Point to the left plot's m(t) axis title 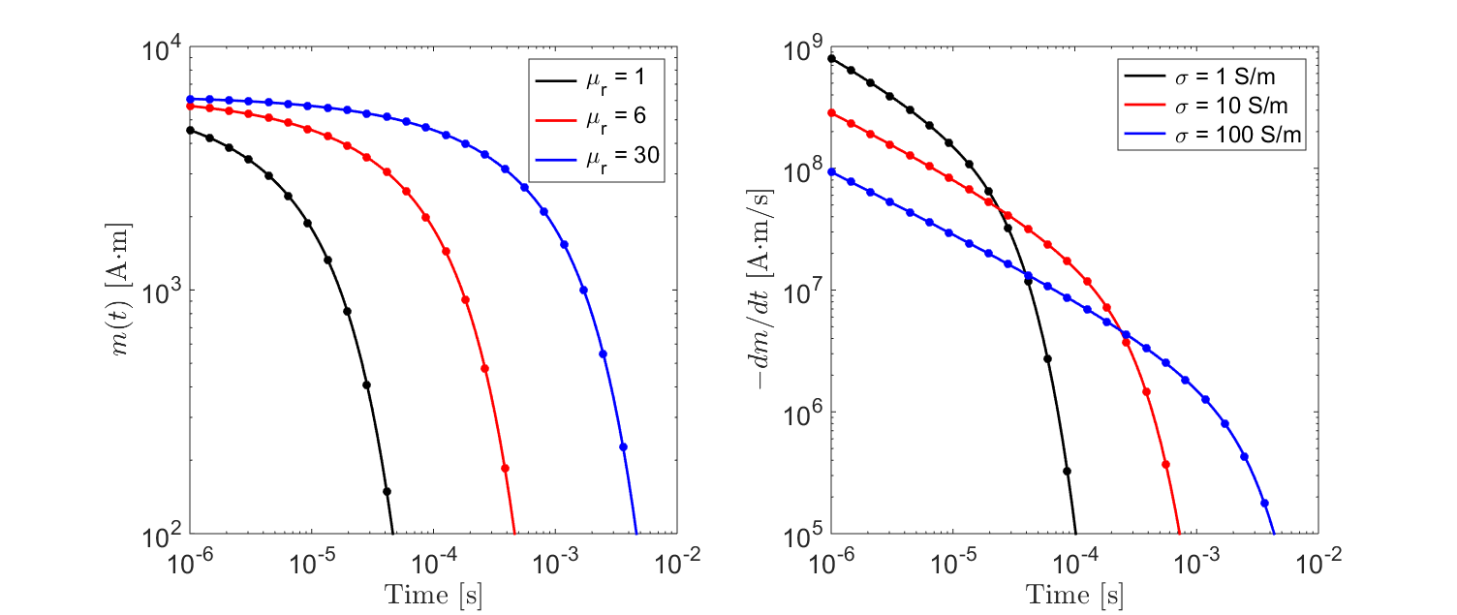pyautogui.click(x=124, y=291)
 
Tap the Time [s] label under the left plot pyautogui.click(x=433, y=595)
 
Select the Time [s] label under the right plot pyautogui.click(x=1074, y=595)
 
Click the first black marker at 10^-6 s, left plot pyautogui.click(x=190, y=130)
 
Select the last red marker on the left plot pyautogui.click(x=505, y=468)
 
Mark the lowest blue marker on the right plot pyautogui.click(x=1265, y=503)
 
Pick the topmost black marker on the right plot pyautogui.click(x=831, y=58)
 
